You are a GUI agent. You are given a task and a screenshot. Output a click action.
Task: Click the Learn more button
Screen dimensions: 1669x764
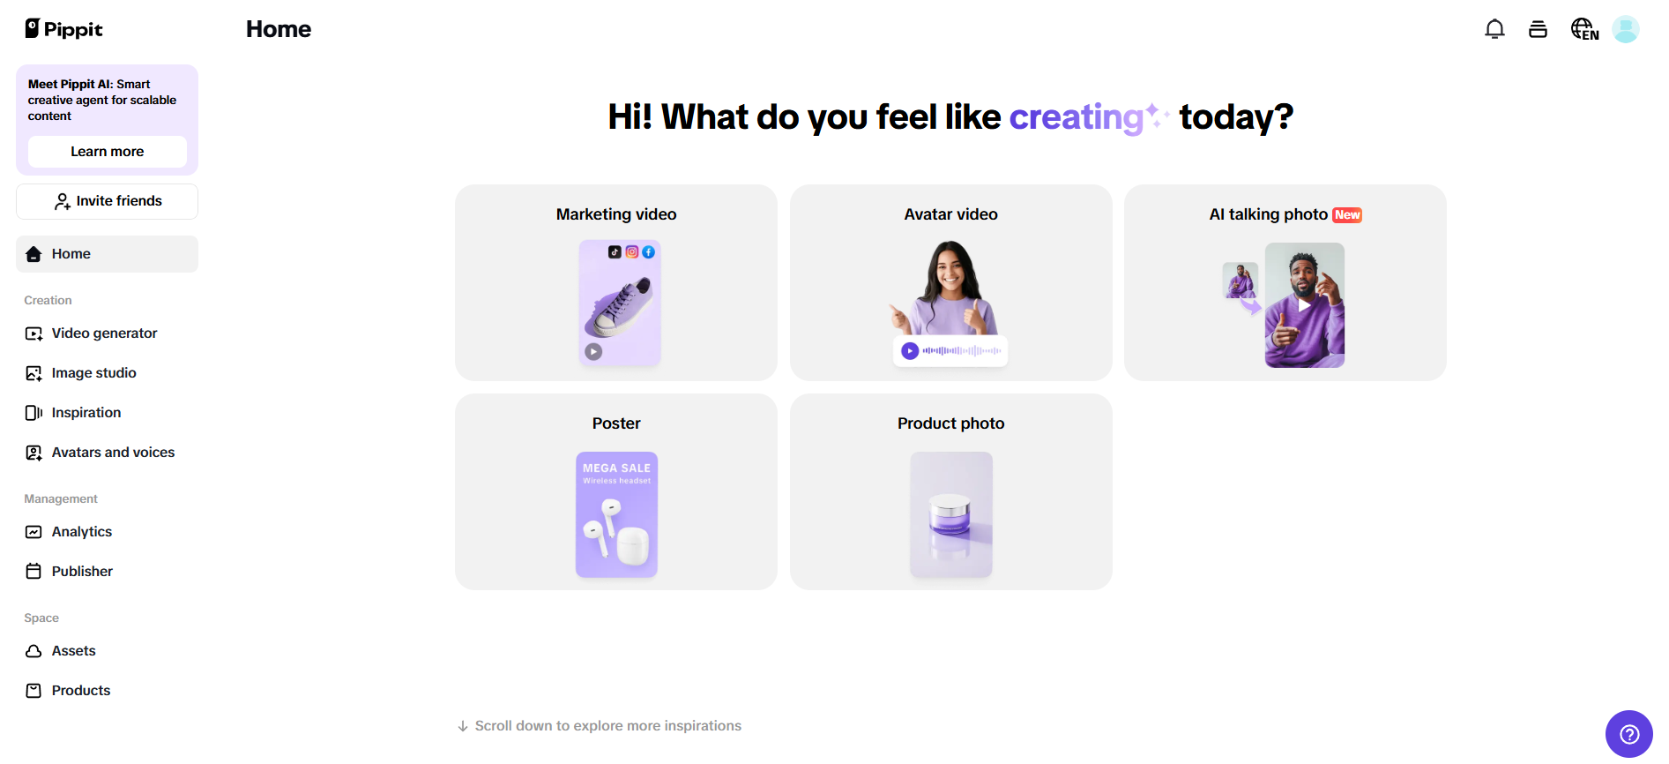(x=107, y=152)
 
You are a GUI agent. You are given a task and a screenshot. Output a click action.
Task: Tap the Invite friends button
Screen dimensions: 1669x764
(x=107, y=201)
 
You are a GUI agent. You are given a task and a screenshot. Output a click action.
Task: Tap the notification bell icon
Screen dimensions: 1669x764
(x=1494, y=29)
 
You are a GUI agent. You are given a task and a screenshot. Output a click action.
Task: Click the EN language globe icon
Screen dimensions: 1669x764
(x=1584, y=29)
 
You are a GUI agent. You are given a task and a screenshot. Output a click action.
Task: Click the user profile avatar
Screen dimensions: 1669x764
(x=1626, y=29)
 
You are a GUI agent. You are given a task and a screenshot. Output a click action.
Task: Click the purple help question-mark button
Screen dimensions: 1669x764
(x=1629, y=734)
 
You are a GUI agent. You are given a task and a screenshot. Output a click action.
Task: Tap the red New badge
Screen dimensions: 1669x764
(x=1347, y=215)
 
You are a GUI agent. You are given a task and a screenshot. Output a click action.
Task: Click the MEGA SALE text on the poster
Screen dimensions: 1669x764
(x=616, y=468)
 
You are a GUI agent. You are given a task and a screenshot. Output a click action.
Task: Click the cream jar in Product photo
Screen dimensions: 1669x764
(x=950, y=515)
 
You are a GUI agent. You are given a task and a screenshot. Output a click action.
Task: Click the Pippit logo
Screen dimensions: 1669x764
(x=63, y=29)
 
